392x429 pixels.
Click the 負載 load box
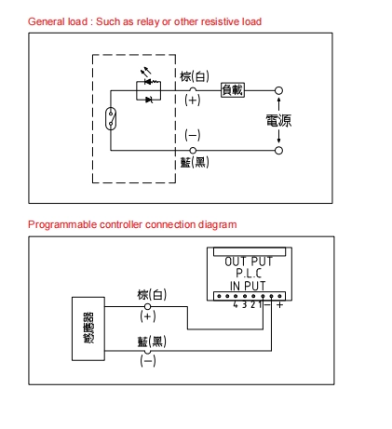coord(233,90)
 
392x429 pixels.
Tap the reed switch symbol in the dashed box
coord(111,118)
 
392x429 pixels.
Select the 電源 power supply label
coord(278,120)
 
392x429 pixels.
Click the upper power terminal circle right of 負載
coord(278,90)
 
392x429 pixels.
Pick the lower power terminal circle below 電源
coord(278,151)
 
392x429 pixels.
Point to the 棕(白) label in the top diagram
coord(195,76)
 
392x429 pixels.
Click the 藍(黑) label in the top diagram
coord(195,162)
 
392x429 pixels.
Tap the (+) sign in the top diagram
coord(193,101)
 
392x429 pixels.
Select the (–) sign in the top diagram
coord(193,135)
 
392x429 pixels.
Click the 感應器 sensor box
coord(88,328)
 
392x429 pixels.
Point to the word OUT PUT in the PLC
coord(249,261)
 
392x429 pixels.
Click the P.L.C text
coord(249,274)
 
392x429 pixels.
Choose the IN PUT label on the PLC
coord(248,286)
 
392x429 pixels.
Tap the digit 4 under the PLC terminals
coord(236,304)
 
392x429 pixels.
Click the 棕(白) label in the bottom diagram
coord(152,295)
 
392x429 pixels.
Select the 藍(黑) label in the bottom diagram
coord(152,342)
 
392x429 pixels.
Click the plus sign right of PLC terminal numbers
coord(280,305)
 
